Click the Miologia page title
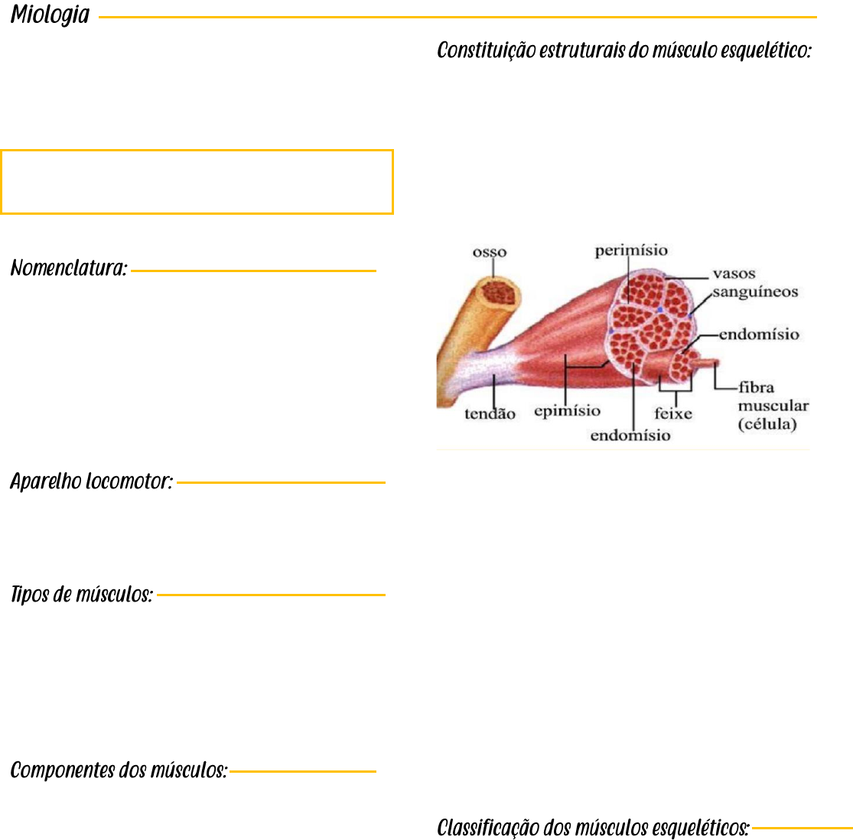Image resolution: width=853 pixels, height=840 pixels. coord(50,15)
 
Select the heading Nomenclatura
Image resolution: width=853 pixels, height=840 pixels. coord(68,269)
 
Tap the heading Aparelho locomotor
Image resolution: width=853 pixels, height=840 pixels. coord(91,482)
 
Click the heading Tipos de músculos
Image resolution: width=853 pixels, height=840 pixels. coord(81,595)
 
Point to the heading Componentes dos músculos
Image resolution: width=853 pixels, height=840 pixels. coord(119,770)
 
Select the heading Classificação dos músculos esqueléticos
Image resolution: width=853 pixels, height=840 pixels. coord(593,827)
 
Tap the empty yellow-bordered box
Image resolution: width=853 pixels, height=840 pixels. coord(197,182)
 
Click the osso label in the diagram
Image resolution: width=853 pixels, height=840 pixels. coord(490,251)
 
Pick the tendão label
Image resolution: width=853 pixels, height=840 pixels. coord(490,414)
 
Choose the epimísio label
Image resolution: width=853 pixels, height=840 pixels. coord(567,411)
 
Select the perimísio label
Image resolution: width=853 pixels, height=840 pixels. coord(631,250)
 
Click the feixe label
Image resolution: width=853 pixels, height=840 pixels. coord(673,414)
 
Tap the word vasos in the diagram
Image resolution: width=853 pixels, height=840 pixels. coord(734,274)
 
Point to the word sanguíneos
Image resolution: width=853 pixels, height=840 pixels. coord(756,291)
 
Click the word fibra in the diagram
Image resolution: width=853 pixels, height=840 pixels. coord(756,388)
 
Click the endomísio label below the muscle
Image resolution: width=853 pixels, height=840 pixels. coord(630,436)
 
